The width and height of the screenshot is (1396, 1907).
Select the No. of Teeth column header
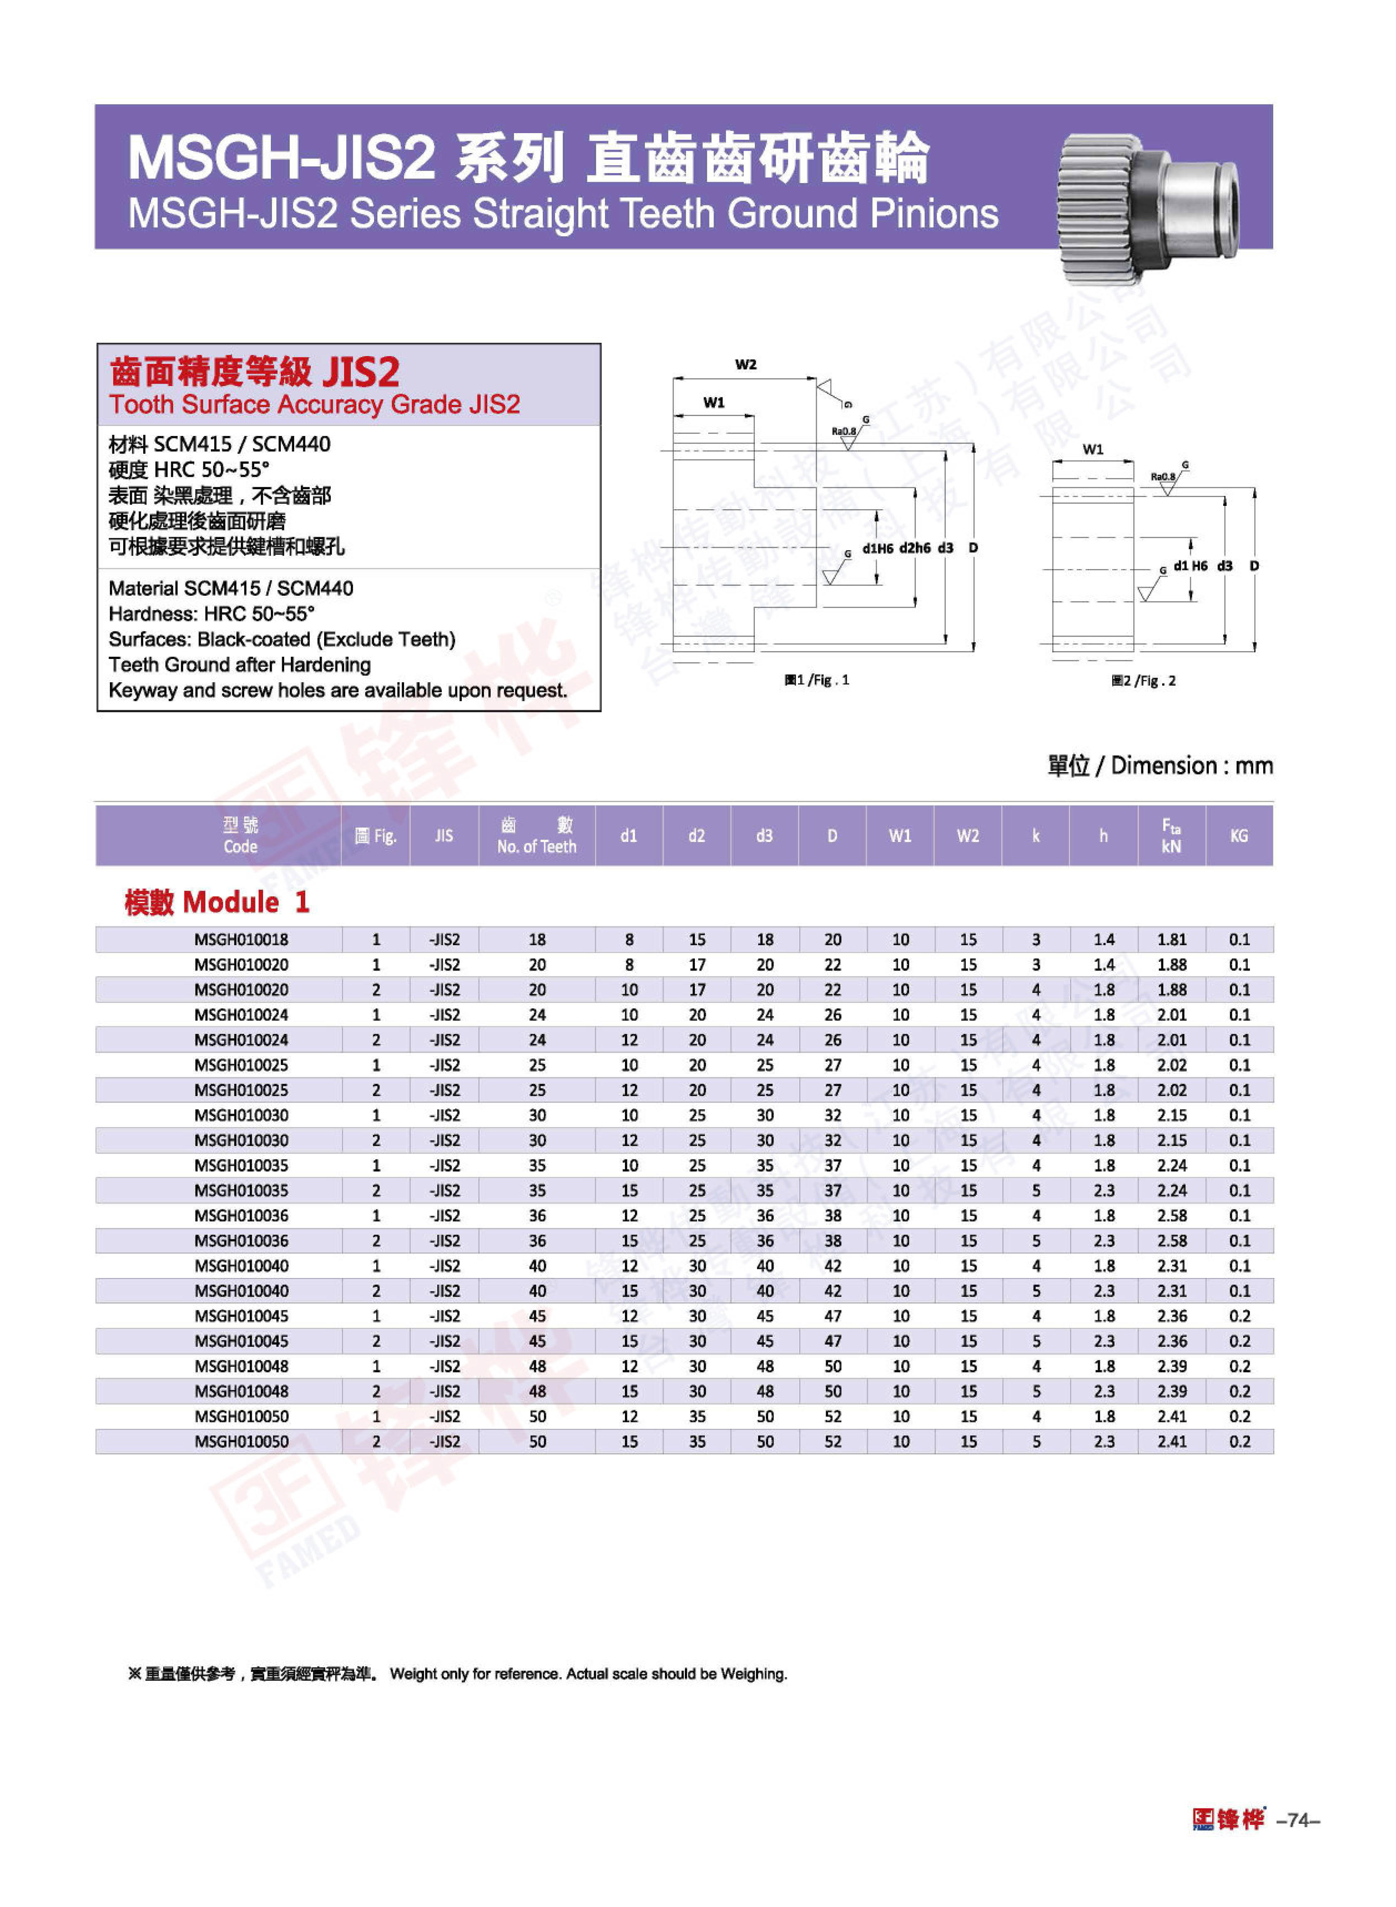click(537, 836)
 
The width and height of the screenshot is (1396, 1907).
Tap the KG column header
click(1239, 836)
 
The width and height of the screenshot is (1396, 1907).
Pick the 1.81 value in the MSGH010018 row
click(1171, 939)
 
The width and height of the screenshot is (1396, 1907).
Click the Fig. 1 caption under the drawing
click(817, 680)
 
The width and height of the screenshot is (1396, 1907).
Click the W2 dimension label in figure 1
click(745, 365)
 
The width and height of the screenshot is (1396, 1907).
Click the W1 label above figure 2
click(1093, 449)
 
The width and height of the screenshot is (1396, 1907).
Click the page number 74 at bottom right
click(1299, 1819)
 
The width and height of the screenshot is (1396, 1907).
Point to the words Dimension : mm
click(1192, 765)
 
